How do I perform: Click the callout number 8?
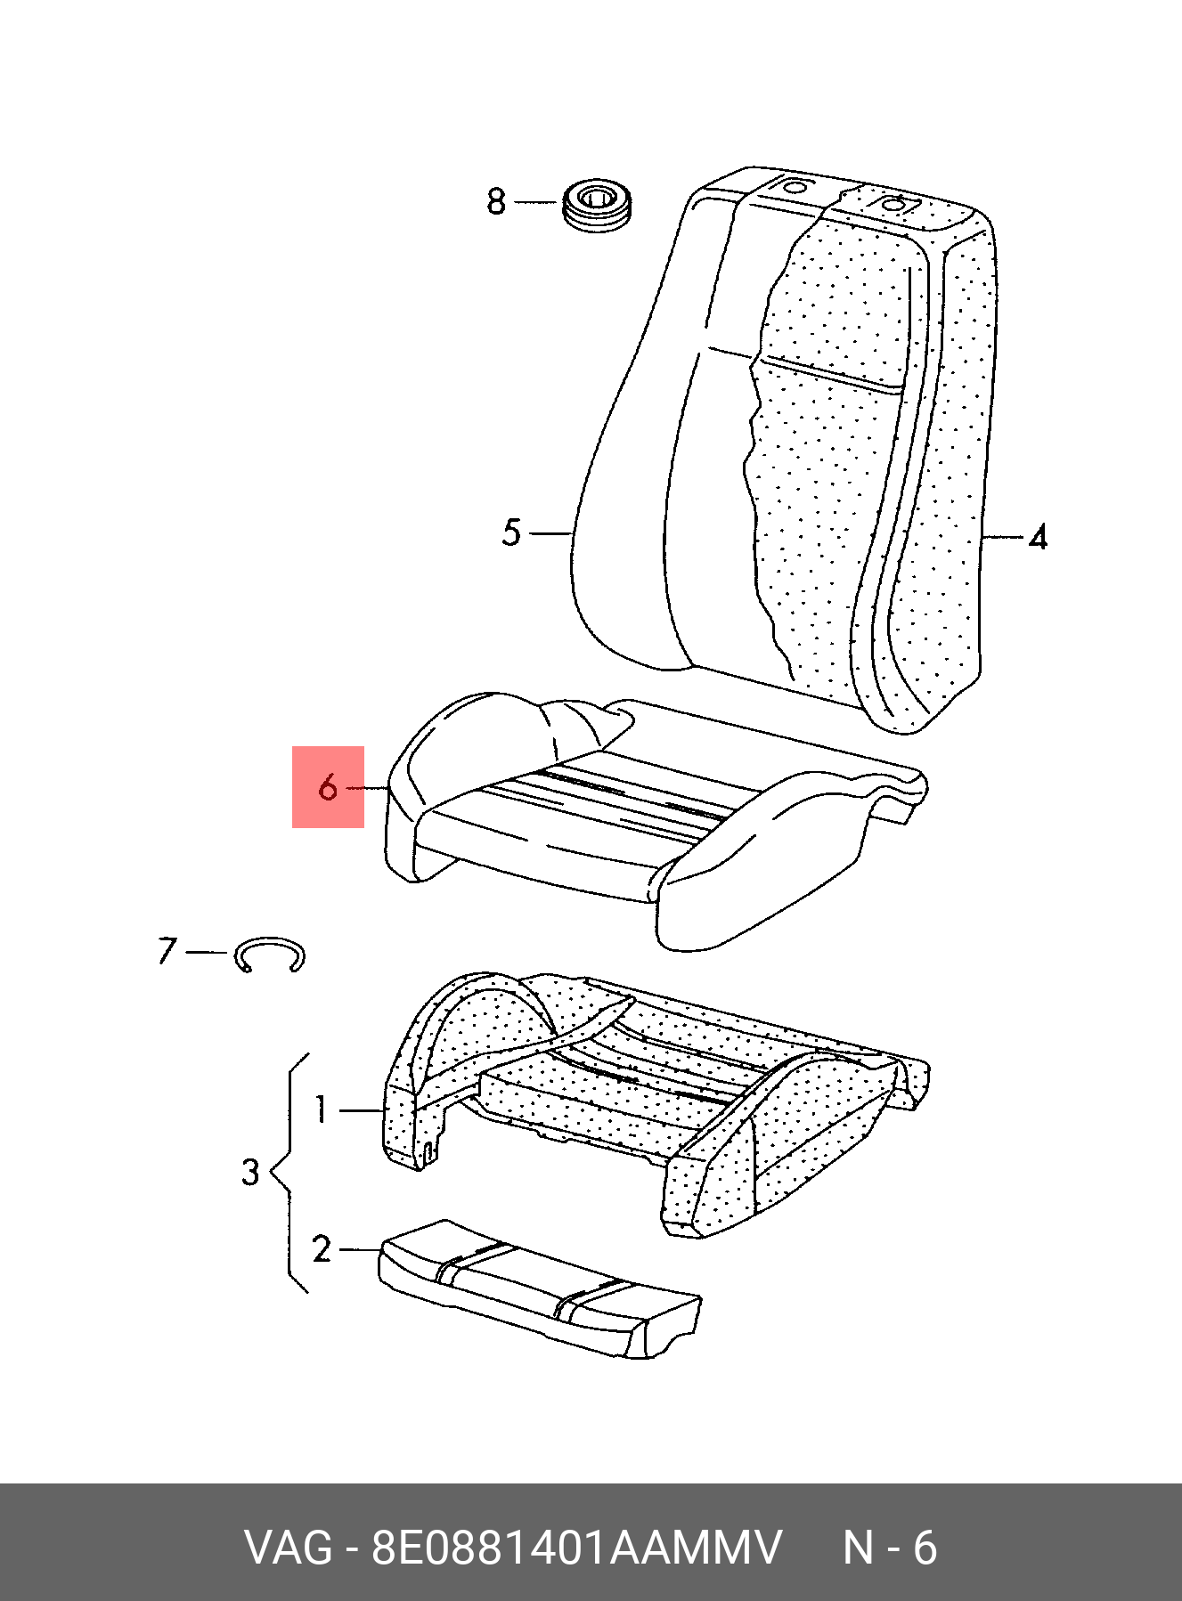pos(496,202)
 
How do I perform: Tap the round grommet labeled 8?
pos(598,207)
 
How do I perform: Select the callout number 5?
pos(510,532)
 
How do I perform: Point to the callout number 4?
pos(1038,537)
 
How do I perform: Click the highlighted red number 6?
pos(328,787)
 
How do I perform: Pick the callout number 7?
pos(167,951)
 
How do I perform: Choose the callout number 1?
pos(322,1109)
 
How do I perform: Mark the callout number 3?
pos(250,1172)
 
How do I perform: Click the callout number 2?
pos(322,1249)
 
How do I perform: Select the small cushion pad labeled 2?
pos(540,1288)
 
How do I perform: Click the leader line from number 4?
pos(1002,537)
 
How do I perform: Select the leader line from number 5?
pos(550,533)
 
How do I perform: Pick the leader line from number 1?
pos(362,1110)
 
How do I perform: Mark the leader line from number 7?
pos(207,952)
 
